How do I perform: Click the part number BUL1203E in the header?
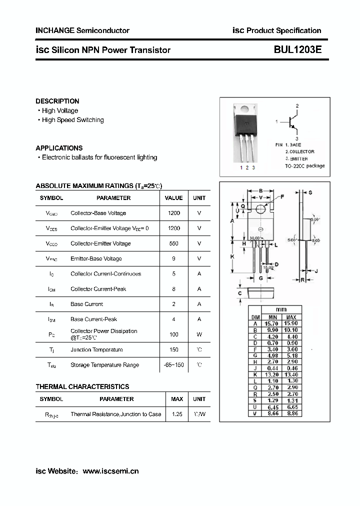[297, 50]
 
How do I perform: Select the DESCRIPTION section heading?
[57, 101]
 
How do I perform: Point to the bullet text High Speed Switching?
[73, 120]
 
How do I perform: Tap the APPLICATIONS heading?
[59, 148]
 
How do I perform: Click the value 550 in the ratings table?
[174, 243]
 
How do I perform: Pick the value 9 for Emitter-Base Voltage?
[174, 258]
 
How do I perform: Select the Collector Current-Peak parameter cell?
[98, 289]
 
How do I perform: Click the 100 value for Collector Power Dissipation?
[174, 334]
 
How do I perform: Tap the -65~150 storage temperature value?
[174, 365]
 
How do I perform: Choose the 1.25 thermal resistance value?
[177, 414]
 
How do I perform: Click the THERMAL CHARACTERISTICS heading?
[82, 386]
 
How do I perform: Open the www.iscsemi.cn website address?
[110, 471]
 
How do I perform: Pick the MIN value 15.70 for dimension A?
[272, 323]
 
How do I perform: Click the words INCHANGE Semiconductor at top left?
[82, 30]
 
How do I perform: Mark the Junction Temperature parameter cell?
[96, 350]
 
